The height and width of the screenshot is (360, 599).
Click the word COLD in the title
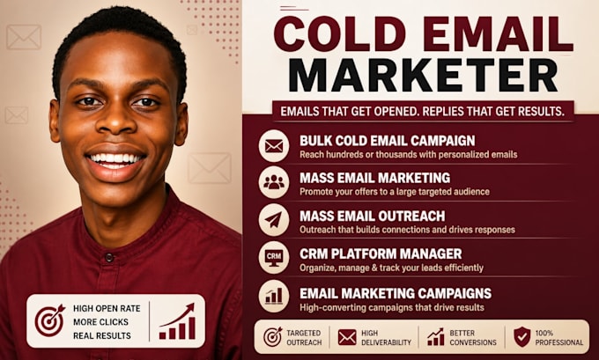tap(340, 34)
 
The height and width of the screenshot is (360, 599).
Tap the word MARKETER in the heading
tap(423, 75)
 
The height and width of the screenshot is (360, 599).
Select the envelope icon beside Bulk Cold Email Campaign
tap(274, 146)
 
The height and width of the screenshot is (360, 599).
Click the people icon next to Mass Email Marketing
tap(274, 182)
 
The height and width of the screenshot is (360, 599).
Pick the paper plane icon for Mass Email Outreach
tap(274, 220)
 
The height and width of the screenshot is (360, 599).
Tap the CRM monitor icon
tap(274, 257)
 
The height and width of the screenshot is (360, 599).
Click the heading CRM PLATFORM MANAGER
tap(381, 253)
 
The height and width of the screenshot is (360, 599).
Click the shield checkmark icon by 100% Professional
tap(521, 336)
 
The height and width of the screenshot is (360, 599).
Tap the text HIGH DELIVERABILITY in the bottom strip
tap(386, 337)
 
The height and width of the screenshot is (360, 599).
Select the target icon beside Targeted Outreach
tap(273, 337)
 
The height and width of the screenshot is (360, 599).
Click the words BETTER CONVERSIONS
tap(473, 337)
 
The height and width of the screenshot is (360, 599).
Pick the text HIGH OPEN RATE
tap(107, 308)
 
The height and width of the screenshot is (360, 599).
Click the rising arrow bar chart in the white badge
tap(177, 321)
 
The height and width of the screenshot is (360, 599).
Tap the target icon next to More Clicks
tap(50, 320)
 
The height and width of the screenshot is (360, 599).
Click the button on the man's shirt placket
tap(109, 257)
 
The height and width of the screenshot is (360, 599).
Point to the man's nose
tap(115, 121)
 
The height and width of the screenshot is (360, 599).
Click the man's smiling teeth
tap(115, 158)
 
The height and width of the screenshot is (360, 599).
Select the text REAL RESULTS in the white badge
tap(102, 336)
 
